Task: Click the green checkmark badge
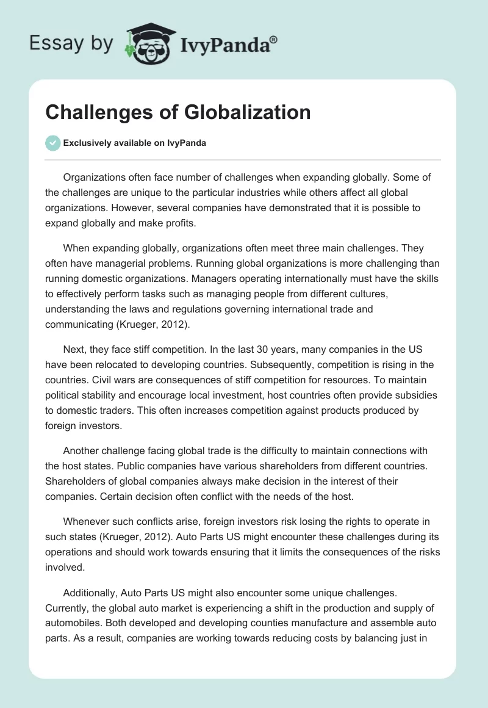pyautogui.click(x=53, y=143)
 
